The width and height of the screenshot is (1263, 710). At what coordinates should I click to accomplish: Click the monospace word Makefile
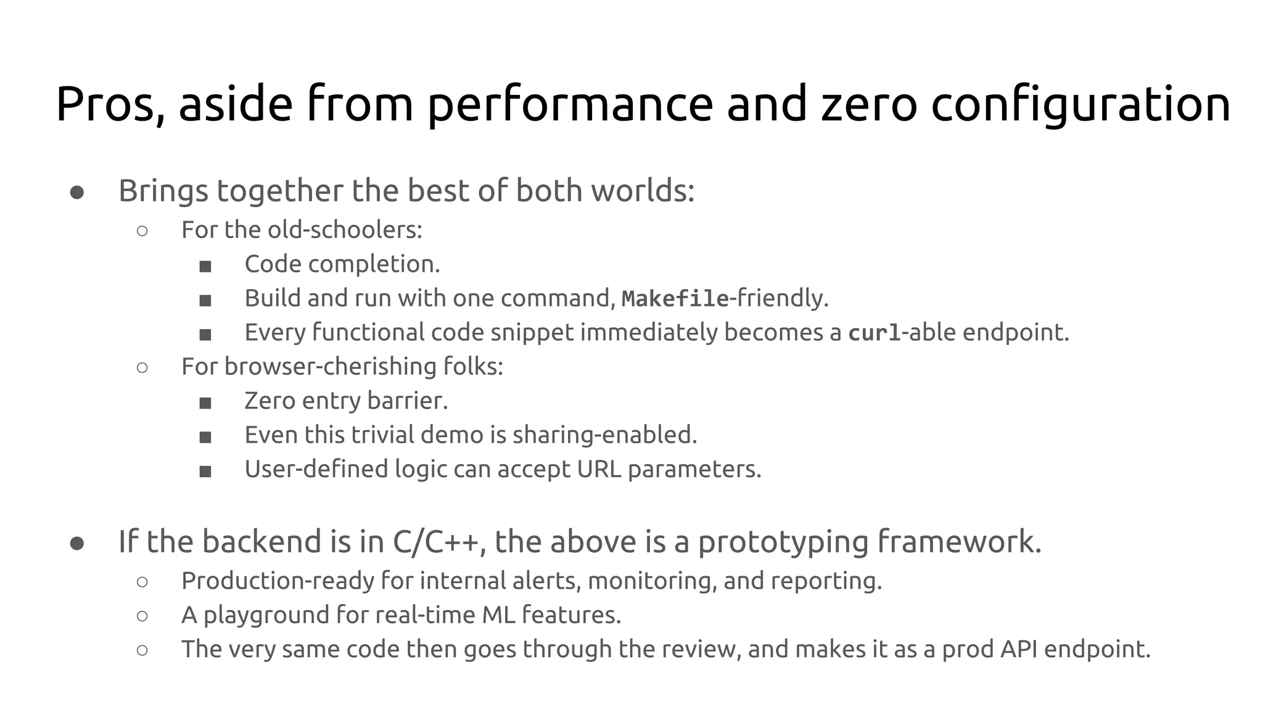click(675, 299)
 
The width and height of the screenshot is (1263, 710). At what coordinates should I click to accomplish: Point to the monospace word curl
click(874, 333)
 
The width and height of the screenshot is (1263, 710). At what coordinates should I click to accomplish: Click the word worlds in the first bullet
click(642, 190)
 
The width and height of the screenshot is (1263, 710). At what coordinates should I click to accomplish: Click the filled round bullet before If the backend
click(77, 544)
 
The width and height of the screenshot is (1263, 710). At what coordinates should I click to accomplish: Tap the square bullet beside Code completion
click(205, 266)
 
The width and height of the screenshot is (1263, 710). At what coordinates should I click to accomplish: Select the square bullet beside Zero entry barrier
click(205, 403)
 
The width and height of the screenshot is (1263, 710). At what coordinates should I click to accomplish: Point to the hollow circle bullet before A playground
click(142, 616)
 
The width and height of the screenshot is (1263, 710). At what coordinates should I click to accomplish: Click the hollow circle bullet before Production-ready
click(142, 581)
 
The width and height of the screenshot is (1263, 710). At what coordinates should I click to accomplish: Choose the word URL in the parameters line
click(599, 469)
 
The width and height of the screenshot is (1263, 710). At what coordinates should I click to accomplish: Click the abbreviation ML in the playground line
click(498, 614)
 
